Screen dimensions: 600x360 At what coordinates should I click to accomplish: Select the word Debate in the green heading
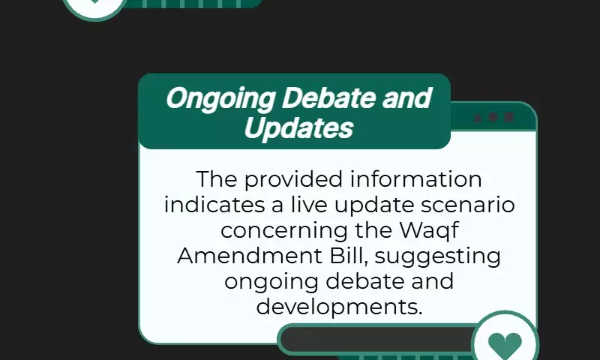[x=328, y=97]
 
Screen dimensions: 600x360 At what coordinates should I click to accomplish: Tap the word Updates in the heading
[x=298, y=128]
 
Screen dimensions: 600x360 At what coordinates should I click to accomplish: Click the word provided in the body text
[x=293, y=179]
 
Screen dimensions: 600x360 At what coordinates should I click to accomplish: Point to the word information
[x=416, y=178]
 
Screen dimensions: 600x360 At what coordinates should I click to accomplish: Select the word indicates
[x=214, y=204]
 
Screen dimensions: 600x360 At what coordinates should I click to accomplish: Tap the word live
[x=309, y=204]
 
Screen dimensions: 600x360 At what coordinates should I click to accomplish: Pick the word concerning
[x=284, y=231]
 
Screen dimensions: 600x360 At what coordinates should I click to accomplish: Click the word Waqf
[x=429, y=231]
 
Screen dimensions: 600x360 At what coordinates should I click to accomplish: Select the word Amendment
[x=249, y=256]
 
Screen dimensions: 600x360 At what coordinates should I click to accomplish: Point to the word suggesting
[x=437, y=256]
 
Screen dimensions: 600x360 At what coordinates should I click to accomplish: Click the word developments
[x=339, y=307]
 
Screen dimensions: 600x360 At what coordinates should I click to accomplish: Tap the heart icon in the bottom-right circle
[x=505, y=345]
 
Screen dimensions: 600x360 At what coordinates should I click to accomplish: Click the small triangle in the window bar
[x=478, y=118]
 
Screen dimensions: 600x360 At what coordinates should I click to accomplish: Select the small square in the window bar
[x=509, y=117]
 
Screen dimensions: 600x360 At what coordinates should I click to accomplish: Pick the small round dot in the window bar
[x=493, y=117]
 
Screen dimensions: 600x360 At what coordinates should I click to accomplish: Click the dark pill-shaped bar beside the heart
[x=377, y=339]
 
